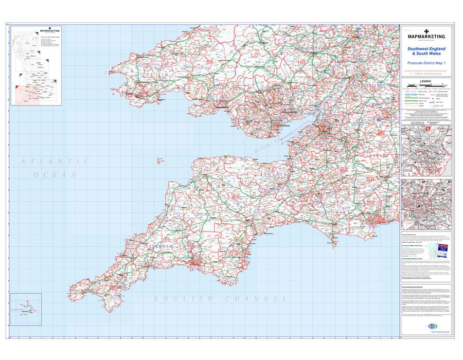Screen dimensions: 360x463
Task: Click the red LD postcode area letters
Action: click(255, 55)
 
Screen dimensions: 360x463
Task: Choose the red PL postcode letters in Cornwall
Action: click(168, 239)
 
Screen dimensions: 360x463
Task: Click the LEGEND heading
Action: click(425, 82)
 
